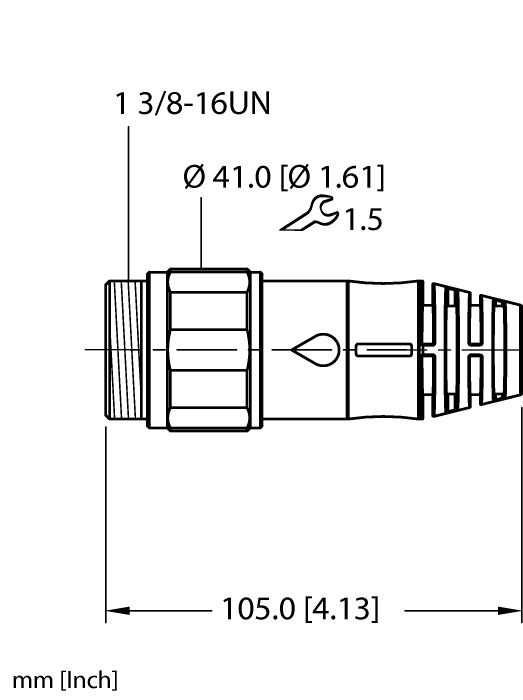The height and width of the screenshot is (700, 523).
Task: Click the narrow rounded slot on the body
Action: (383, 350)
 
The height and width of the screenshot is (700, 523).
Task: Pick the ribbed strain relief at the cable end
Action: (470, 350)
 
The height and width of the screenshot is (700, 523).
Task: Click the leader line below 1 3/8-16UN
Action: (128, 200)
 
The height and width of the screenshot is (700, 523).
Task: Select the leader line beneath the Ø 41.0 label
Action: (203, 230)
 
